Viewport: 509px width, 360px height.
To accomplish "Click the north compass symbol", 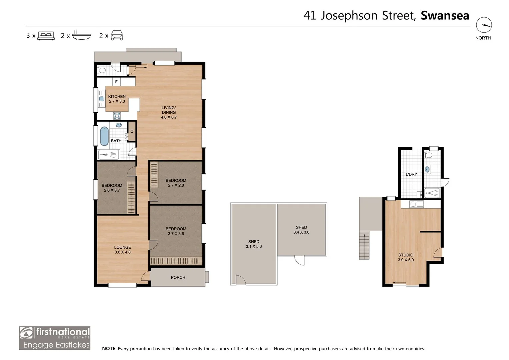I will [x=484, y=25].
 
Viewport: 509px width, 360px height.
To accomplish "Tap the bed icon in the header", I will [x=46, y=35].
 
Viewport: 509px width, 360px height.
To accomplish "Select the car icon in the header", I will [x=117, y=35].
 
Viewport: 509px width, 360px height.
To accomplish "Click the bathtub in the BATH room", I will [x=104, y=136].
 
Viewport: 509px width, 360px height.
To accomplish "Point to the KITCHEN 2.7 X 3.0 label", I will [x=117, y=99].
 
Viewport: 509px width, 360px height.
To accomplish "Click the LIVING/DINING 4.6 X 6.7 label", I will [x=169, y=112].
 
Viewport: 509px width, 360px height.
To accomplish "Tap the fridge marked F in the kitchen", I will [x=116, y=82].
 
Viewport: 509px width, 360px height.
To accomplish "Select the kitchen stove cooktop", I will [x=117, y=116].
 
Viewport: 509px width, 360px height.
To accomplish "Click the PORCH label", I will [x=178, y=277].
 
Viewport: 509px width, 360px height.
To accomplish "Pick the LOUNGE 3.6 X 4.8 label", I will [x=122, y=250].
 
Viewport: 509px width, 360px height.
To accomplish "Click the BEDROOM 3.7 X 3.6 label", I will [x=176, y=231].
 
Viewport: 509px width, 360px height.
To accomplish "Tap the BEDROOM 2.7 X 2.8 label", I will [x=176, y=183].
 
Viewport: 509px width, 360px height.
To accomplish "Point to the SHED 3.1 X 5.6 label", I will [x=254, y=244].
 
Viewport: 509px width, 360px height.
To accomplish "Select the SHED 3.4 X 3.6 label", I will [x=301, y=230].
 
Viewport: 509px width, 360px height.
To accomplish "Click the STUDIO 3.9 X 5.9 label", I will [x=406, y=257].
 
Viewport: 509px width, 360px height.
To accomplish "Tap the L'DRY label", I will [x=411, y=174].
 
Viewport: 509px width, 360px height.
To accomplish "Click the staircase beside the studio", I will [x=364, y=245].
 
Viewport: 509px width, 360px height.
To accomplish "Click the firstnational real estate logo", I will [x=55, y=338].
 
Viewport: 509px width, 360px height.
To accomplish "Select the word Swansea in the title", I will [x=445, y=16].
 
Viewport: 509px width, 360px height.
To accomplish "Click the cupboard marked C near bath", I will [x=132, y=132].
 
